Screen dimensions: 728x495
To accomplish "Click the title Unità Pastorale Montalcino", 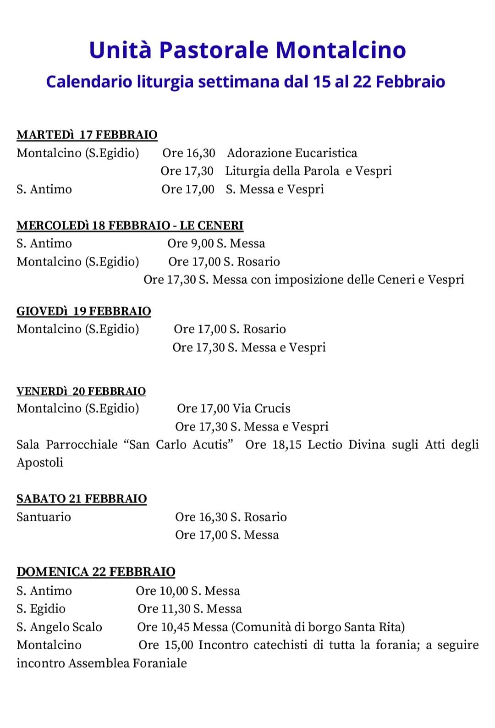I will [x=247, y=50].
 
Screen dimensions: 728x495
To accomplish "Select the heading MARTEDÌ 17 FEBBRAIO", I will [x=87, y=135].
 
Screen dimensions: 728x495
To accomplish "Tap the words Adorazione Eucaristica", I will [x=292, y=153].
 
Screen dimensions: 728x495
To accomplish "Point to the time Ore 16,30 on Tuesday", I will [x=188, y=153].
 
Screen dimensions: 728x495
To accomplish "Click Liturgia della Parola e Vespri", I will [x=308, y=171].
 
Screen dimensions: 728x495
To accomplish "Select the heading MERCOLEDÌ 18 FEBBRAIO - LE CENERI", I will [x=130, y=226].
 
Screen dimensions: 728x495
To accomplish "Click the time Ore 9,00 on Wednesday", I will [x=190, y=243].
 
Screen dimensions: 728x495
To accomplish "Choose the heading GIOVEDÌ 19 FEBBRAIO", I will [x=84, y=311].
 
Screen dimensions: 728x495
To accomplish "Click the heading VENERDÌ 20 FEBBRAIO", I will [x=81, y=391].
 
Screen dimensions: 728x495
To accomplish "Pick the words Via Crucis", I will [x=261, y=408].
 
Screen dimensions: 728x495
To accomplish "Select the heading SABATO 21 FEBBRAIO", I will [x=82, y=499].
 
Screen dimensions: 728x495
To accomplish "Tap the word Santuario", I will [x=44, y=517].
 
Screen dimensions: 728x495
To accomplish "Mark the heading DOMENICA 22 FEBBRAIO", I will [x=96, y=572].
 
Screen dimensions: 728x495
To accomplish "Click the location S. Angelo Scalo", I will [x=59, y=627].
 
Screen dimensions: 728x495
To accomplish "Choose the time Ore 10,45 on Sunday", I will [x=163, y=627].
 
